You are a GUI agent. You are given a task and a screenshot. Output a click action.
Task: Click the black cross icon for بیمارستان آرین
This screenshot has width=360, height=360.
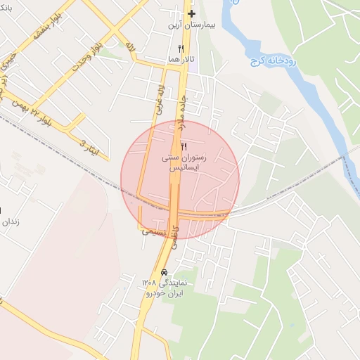[x=191, y=13]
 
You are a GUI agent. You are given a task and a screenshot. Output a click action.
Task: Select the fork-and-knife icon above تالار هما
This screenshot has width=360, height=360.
[x=181, y=49]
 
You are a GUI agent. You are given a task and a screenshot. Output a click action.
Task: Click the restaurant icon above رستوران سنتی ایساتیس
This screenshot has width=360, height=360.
[x=184, y=146]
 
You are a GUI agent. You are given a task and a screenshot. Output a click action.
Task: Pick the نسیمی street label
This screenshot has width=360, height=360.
[x=154, y=230]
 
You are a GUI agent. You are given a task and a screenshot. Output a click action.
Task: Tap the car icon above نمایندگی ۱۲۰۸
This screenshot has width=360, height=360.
[x=164, y=272]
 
